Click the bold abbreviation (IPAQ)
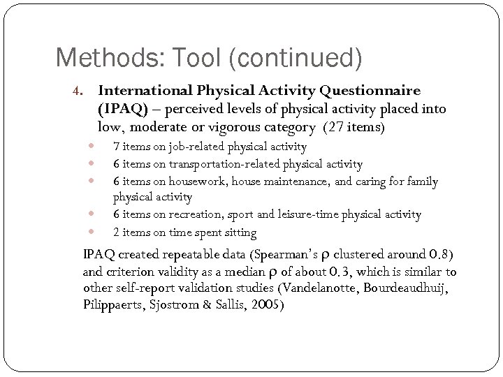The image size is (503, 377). pyautogui.click(x=122, y=109)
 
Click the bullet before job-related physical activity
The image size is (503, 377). pyautogui.click(x=90, y=147)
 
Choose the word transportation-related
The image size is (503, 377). pyautogui.click(x=221, y=164)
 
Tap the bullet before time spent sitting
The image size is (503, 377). pyautogui.click(x=90, y=232)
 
